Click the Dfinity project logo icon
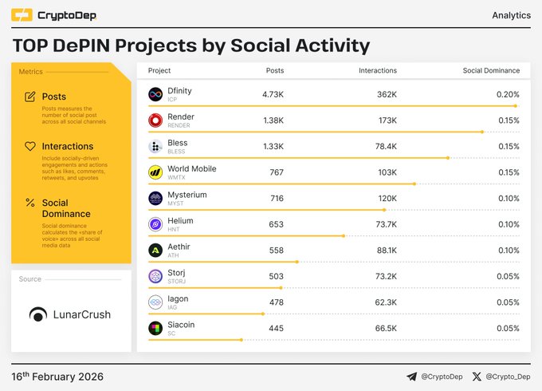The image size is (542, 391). point(156,95)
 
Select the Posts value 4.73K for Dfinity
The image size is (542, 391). point(273,95)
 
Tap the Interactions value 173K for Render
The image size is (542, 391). point(387,120)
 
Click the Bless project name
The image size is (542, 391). point(178,143)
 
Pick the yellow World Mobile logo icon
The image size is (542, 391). point(156,172)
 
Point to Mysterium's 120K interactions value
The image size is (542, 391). point(387,198)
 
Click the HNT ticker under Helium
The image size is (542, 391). point(174,229)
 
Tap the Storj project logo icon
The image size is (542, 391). point(156,276)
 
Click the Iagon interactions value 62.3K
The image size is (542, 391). point(385,302)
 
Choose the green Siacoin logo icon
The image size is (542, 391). point(156,328)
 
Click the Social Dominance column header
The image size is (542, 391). point(491,71)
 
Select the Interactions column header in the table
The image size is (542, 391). point(378,71)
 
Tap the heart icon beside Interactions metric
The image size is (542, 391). point(30,147)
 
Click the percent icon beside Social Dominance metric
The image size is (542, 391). point(30,203)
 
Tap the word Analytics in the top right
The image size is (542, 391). point(511,15)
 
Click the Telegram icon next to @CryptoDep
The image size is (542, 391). point(411,377)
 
